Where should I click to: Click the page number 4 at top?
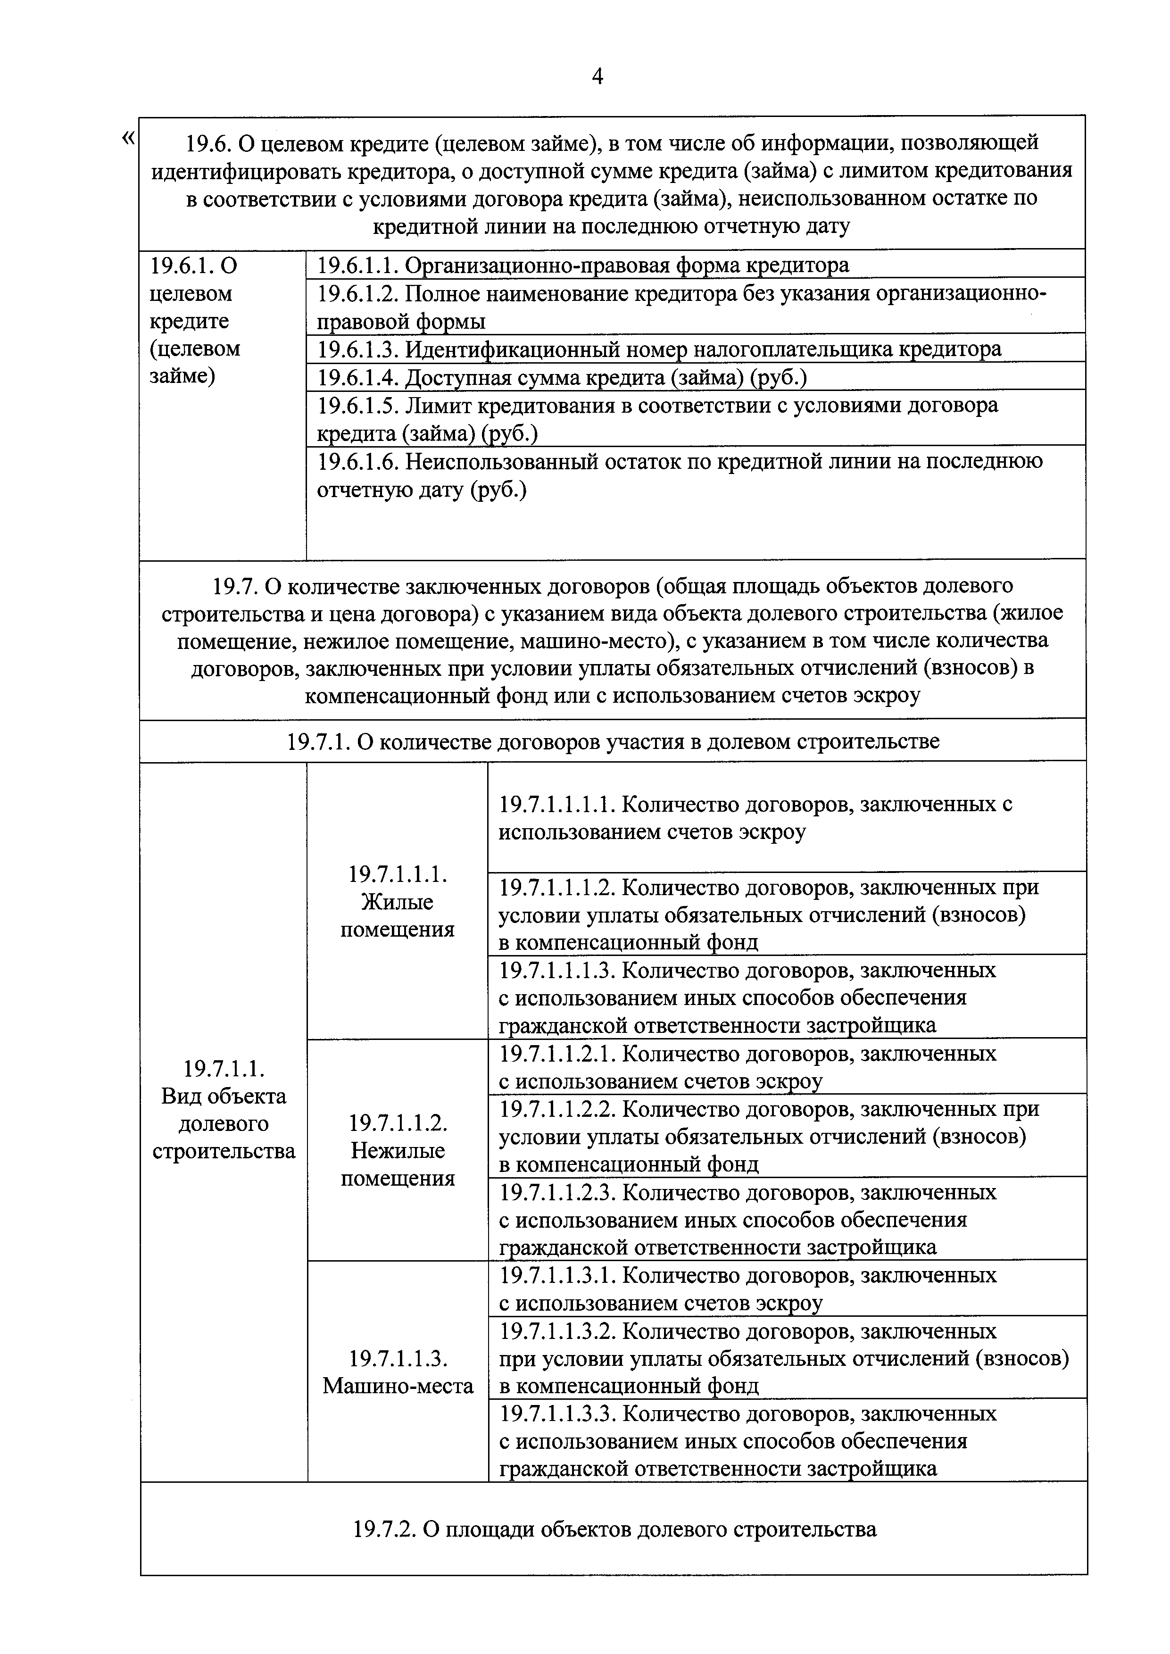597,76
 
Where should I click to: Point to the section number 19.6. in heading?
208,143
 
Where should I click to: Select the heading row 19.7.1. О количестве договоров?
613,741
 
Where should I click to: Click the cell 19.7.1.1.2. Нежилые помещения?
397,1150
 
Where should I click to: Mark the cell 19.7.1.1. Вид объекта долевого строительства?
224,1123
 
